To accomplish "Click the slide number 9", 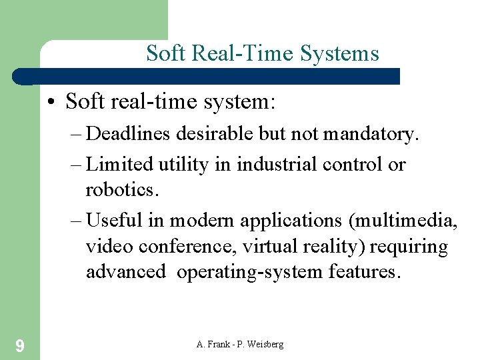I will point(20,345).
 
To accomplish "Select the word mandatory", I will point(371,134).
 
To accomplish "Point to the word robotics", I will point(122,190).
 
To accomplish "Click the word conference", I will point(189,247).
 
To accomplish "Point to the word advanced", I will point(125,272).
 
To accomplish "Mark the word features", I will point(365,272).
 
